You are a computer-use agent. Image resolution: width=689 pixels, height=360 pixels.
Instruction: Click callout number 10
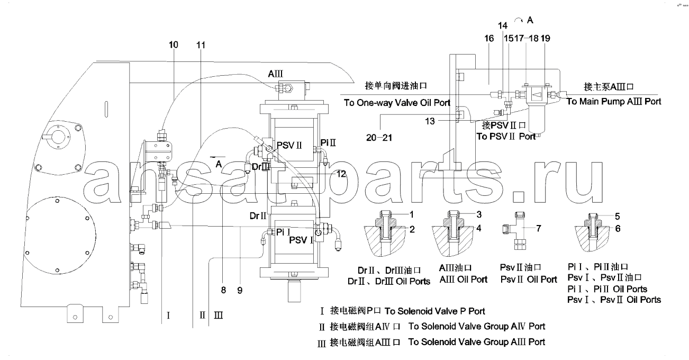174,44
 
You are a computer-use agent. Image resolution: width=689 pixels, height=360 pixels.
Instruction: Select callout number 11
201,45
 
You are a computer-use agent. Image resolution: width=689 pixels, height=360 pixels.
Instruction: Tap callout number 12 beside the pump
341,174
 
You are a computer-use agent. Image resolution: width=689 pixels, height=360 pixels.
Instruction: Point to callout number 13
430,121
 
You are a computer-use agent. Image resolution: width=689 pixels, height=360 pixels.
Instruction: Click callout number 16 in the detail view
489,39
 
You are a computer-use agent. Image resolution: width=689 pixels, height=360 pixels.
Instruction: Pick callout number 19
546,39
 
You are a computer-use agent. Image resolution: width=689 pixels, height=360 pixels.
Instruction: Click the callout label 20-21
379,138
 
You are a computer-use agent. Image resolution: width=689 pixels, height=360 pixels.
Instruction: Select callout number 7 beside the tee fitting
539,228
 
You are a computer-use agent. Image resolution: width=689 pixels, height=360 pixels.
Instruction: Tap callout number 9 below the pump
240,290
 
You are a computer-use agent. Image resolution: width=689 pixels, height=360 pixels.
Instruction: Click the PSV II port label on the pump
289,145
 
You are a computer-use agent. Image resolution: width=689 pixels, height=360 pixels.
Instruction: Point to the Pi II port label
328,142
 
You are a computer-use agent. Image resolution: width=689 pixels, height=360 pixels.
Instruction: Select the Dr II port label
258,216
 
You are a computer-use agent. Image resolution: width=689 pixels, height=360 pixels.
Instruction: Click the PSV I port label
301,240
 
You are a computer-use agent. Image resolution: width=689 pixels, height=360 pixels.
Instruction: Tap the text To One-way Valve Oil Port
397,103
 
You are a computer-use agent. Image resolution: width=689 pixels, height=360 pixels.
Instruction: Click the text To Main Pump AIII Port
614,101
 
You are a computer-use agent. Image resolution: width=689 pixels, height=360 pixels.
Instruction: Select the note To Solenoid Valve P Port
434,311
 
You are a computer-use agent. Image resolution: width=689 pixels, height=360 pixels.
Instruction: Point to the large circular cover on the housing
61,236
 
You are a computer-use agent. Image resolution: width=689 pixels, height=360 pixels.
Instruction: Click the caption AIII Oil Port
463,280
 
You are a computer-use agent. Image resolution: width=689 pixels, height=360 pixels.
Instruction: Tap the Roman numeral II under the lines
202,315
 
